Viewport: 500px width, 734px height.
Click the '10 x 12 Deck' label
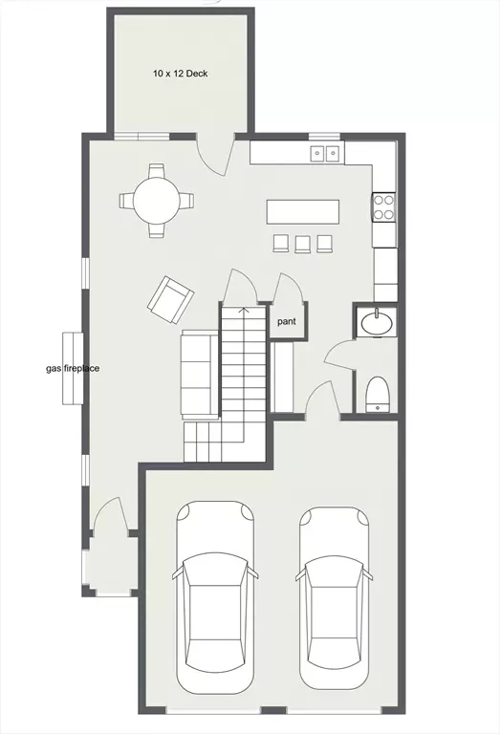point(181,74)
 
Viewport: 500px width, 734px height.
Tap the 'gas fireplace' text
point(73,368)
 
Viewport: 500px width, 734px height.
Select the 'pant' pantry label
point(287,322)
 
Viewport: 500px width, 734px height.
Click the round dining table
point(157,201)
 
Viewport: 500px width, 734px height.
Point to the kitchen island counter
point(303,212)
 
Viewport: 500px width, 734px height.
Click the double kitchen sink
point(324,153)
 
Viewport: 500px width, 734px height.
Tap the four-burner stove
point(384,207)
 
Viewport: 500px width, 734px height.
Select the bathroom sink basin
point(377,322)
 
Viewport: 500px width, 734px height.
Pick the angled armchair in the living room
point(170,300)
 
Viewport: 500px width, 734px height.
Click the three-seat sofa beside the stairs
point(200,374)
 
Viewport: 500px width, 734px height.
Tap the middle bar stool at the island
point(303,244)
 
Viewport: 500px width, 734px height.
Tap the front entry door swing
point(110,515)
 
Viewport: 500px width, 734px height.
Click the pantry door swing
point(289,289)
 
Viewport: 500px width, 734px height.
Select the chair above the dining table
point(157,171)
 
